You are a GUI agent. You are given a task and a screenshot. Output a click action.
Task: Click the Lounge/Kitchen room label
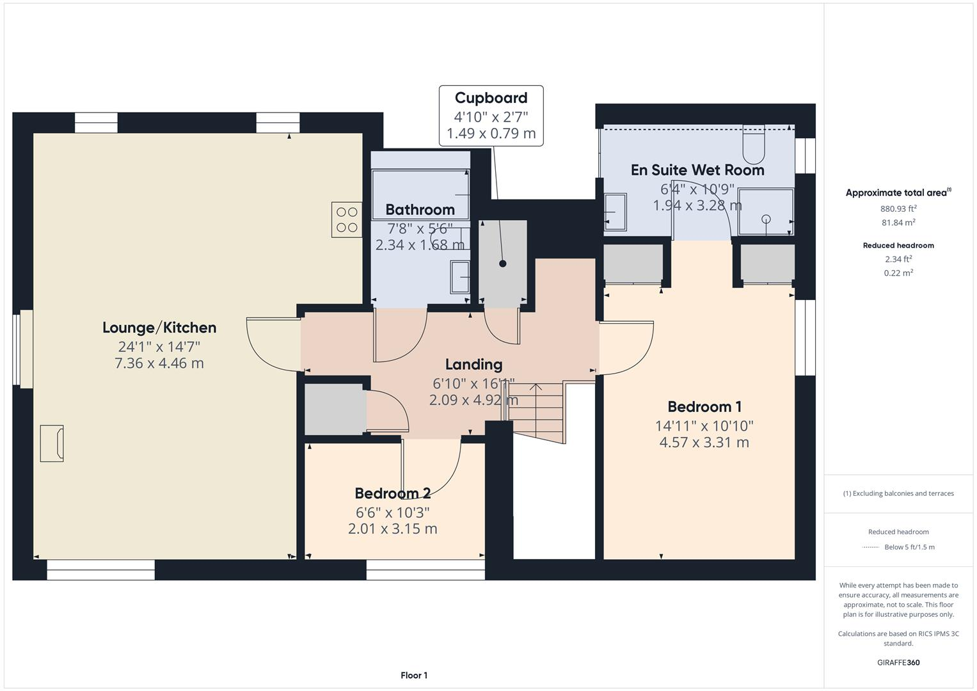(159, 328)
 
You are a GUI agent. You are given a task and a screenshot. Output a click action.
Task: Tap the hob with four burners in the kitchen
(347, 219)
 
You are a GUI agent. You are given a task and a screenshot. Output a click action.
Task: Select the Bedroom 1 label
(704, 407)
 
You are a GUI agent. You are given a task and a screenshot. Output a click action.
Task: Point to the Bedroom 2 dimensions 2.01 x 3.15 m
(392, 529)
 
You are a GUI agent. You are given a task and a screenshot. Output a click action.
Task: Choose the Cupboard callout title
(491, 98)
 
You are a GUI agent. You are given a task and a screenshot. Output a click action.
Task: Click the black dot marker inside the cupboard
(503, 264)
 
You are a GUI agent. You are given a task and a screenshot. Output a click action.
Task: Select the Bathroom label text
(420, 210)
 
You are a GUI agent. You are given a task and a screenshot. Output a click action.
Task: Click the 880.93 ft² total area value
(898, 209)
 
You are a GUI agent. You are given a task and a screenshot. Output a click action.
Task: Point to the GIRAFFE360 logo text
(898, 662)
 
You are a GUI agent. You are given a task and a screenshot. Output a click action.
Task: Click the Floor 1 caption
(414, 676)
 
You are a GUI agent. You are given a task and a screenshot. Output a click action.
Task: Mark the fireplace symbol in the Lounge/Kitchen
(52, 443)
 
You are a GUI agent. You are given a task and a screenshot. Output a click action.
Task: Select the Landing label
(473, 365)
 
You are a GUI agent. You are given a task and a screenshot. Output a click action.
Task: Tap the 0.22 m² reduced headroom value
(898, 273)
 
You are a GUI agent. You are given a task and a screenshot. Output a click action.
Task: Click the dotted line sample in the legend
(871, 547)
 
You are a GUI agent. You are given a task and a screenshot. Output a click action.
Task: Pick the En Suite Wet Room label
(697, 170)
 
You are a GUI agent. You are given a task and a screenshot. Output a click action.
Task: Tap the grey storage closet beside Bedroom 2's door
(334, 409)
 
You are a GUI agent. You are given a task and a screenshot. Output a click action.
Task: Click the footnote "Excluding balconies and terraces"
(898, 493)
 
